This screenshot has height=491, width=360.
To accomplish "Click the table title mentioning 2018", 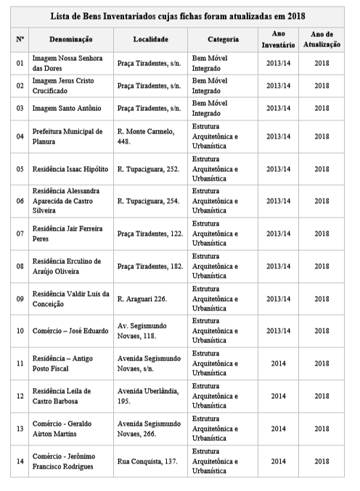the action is click(179, 16).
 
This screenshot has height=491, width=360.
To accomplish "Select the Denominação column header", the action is click(70, 38).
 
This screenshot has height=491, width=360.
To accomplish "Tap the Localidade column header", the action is click(150, 38).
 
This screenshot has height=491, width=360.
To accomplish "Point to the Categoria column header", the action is click(222, 38).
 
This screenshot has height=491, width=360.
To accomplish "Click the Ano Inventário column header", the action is click(277, 39).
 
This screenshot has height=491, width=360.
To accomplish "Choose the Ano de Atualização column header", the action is click(321, 39).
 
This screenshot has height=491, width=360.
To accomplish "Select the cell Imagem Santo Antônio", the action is click(65, 109).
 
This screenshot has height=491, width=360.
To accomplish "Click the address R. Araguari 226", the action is click(142, 299).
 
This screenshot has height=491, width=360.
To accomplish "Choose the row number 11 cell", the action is click(20, 363).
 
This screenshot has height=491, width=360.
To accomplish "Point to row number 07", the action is click(20, 234).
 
